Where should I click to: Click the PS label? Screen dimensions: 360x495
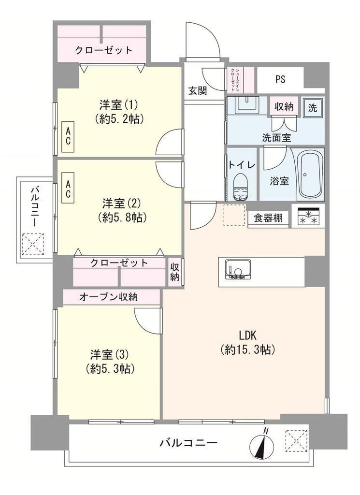click(x=280, y=79)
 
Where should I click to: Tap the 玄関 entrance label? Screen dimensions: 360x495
click(x=198, y=91)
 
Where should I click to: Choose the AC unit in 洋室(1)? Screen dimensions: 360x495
click(x=68, y=138)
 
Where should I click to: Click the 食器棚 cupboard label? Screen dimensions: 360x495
click(x=268, y=218)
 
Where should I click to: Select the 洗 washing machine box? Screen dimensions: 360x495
click(x=313, y=108)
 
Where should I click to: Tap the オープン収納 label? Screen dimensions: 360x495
click(x=108, y=297)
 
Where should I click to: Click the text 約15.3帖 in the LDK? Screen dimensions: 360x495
click(x=248, y=349)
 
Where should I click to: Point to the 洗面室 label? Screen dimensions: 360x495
click(x=276, y=138)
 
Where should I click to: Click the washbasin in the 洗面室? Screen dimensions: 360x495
click(x=248, y=105)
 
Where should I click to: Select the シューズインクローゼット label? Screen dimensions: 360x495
click(x=235, y=80)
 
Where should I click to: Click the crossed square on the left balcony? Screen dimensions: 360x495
click(x=33, y=244)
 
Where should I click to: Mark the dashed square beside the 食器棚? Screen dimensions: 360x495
click(x=234, y=215)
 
